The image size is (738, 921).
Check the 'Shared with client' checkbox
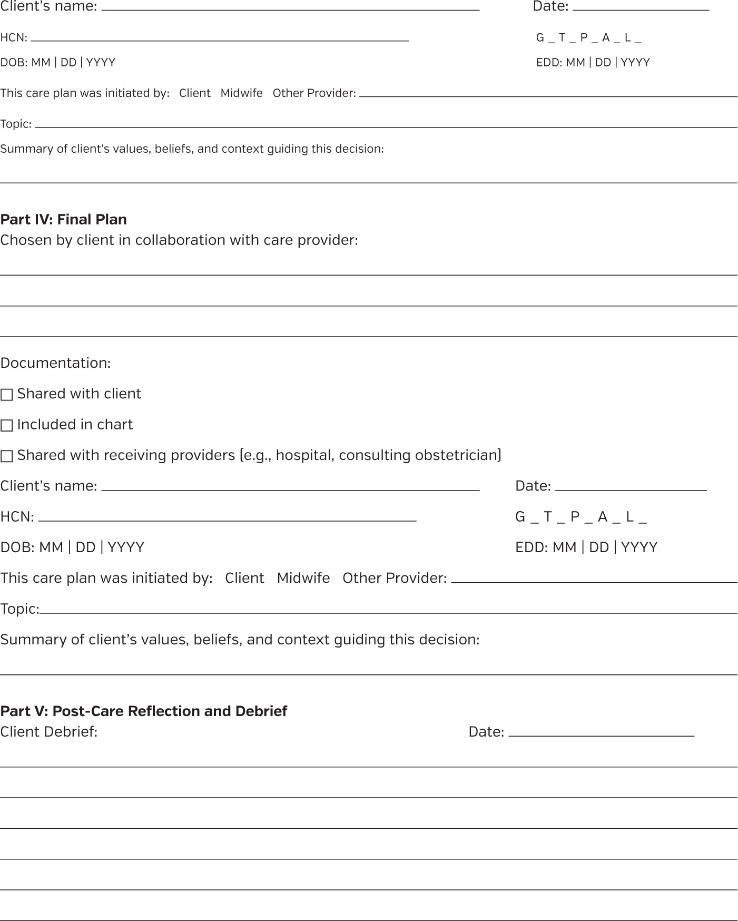(7, 395)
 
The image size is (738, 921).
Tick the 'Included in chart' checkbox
(7, 425)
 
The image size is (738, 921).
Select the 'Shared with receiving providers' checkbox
(7, 456)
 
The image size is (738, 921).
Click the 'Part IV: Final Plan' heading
(63, 219)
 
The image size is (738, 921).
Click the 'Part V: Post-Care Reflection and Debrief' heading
(143, 711)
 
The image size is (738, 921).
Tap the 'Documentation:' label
(55, 363)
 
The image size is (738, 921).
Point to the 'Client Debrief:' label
(49, 731)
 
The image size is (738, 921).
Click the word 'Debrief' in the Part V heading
(261, 711)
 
